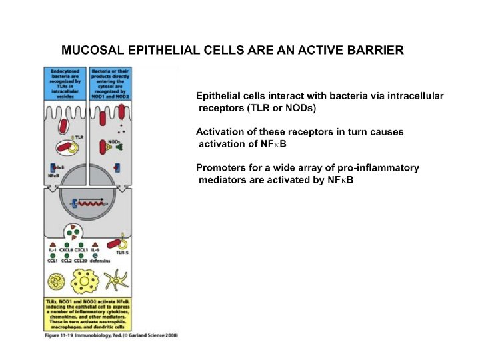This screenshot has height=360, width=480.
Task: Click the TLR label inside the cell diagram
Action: pos(79,137)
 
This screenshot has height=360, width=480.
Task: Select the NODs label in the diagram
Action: pos(113,141)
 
